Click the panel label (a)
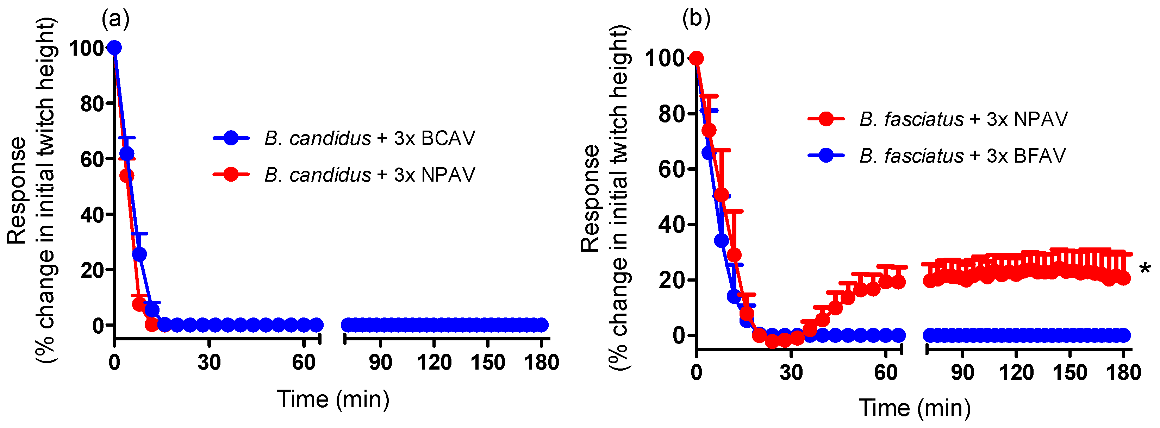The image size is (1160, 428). point(115,19)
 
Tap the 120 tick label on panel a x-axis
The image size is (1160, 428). point(434,362)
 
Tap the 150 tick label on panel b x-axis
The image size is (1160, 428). point(1069,373)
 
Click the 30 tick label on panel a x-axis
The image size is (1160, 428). point(209,362)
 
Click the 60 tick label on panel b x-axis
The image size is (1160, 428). point(885,373)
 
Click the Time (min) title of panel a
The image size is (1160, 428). point(333,399)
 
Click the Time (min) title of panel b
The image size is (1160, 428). point(915,408)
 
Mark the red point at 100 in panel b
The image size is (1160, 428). point(696,58)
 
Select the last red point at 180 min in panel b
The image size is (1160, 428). point(1123,278)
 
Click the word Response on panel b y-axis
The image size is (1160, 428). point(590,198)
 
